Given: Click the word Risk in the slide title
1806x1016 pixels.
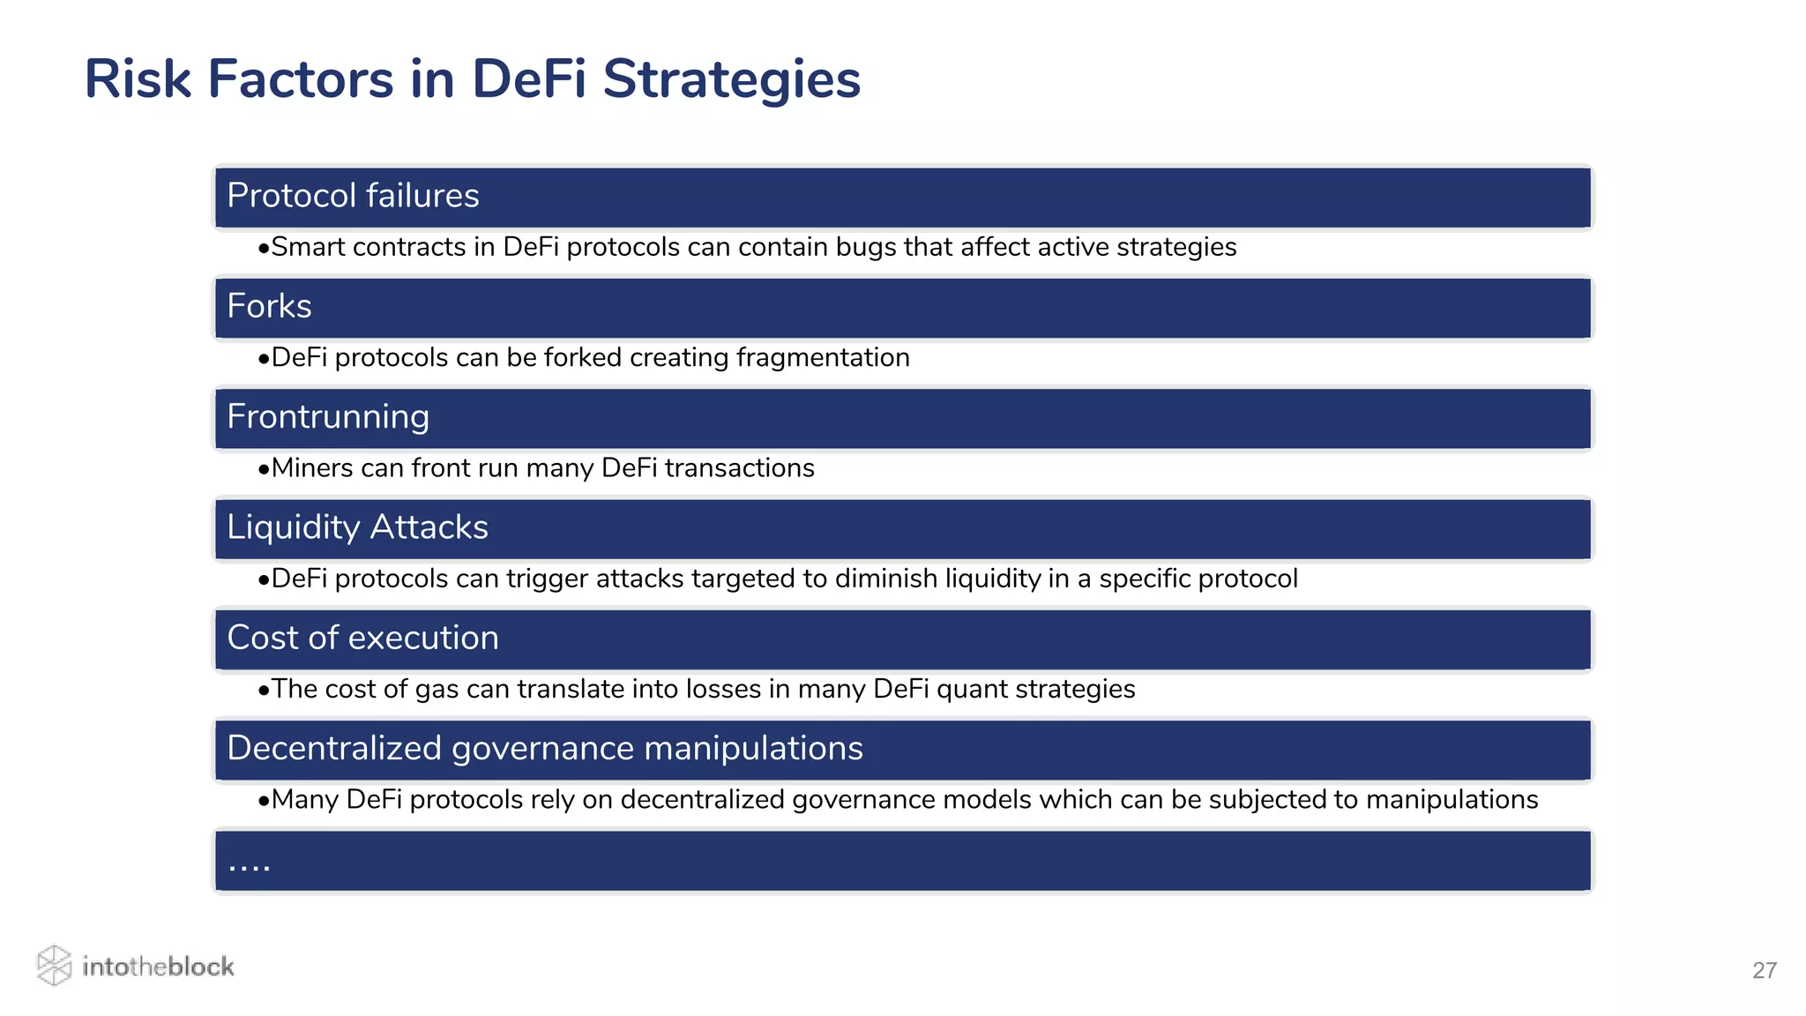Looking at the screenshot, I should [x=138, y=79].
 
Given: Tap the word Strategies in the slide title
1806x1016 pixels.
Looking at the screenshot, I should [x=731, y=79].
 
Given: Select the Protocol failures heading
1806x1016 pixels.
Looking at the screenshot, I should [x=353, y=196].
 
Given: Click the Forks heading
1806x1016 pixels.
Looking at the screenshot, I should [x=269, y=306].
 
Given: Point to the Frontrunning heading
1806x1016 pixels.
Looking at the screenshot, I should [x=328, y=417].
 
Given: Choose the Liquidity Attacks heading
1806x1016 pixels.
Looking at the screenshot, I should [x=357, y=527].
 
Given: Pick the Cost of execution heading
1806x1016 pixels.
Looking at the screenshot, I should [x=362, y=638].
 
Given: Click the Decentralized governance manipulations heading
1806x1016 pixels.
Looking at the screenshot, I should [x=545, y=748].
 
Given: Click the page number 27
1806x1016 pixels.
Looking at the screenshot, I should [x=1764, y=970].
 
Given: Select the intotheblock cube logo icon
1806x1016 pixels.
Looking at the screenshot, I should [x=54, y=966].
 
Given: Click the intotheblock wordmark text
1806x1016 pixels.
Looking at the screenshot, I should [x=158, y=967].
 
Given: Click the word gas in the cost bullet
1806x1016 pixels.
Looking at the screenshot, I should [x=437, y=690].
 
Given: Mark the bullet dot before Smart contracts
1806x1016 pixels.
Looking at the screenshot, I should [x=263, y=250].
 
